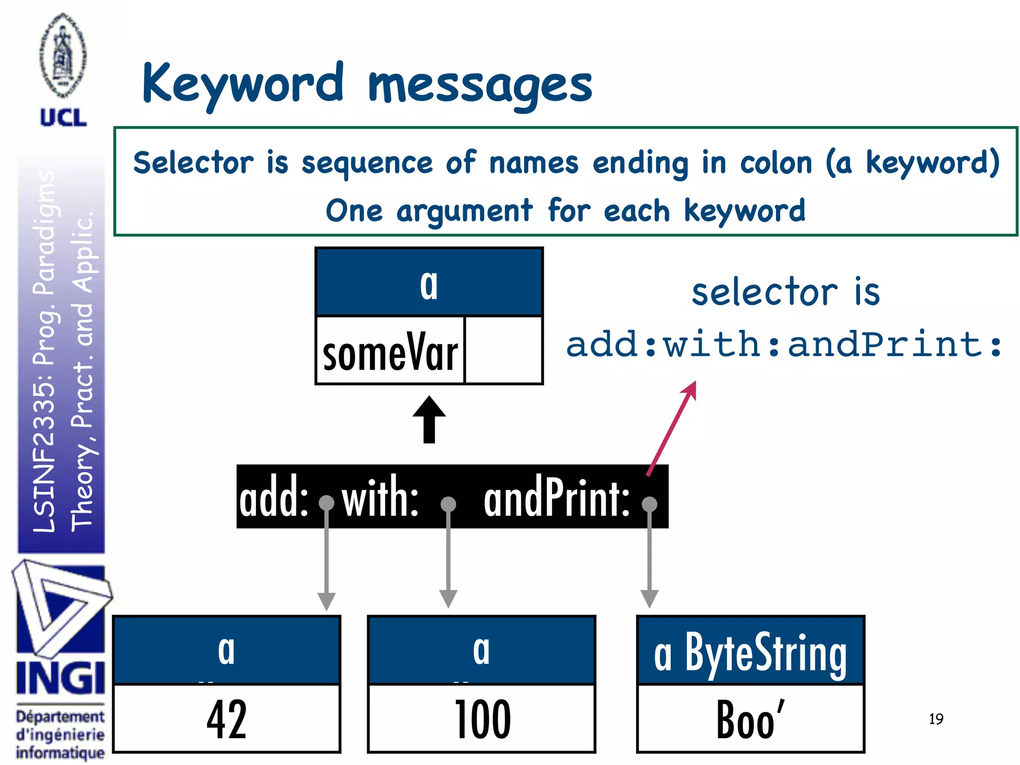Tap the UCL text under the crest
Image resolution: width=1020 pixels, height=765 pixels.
pyautogui.click(x=63, y=118)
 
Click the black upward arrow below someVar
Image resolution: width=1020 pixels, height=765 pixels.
pyautogui.click(x=429, y=419)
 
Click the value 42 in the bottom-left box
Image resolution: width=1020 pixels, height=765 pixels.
pyautogui.click(x=227, y=719)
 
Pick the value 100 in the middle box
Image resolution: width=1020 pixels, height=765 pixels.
pyautogui.click(x=482, y=719)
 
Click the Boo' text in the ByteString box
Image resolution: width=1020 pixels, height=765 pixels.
pyautogui.click(x=750, y=719)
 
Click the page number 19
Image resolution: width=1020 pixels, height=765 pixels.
pyautogui.click(x=936, y=719)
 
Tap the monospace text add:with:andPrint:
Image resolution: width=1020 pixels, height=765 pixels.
pyautogui.click(x=784, y=345)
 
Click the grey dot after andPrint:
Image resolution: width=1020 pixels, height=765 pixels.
pyautogui.click(x=649, y=504)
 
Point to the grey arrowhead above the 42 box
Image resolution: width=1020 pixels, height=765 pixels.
pyautogui.click(x=326, y=601)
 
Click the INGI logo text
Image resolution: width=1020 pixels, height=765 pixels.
pyautogui.click(x=60, y=678)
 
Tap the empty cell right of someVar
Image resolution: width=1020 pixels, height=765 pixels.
pyautogui.click(x=503, y=351)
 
